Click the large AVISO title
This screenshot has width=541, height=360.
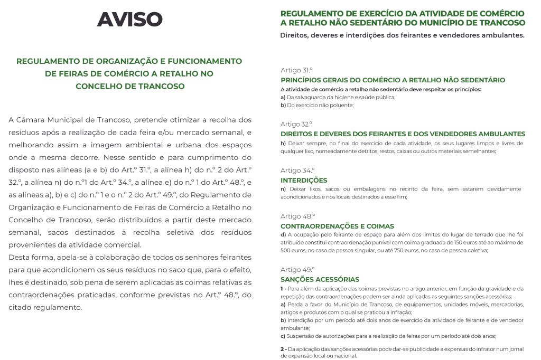tap(129, 20)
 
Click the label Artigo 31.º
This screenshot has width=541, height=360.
tap(297, 70)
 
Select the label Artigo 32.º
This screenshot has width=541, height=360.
tap(297, 124)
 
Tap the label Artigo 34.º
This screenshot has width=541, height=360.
tap(297, 170)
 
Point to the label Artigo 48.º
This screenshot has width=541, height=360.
tap(297, 216)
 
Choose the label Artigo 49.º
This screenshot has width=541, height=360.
tap(297, 269)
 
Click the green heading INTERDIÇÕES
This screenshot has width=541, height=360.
tap(304, 180)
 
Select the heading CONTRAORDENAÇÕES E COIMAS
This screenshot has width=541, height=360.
tap(337, 226)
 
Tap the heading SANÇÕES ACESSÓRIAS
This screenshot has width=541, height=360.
tap(320, 279)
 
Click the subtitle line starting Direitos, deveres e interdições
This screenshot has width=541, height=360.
tap(402, 35)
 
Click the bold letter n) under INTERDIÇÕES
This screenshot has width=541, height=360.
tap(283, 189)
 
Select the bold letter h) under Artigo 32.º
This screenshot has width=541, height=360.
tap(283, 143)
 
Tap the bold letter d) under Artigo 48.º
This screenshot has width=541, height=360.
tap(283, 234)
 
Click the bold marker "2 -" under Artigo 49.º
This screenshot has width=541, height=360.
tap(284, 349)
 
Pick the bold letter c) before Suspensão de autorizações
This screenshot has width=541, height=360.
tap(283, 336)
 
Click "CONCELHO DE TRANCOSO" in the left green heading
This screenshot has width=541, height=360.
tap(130, 86)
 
